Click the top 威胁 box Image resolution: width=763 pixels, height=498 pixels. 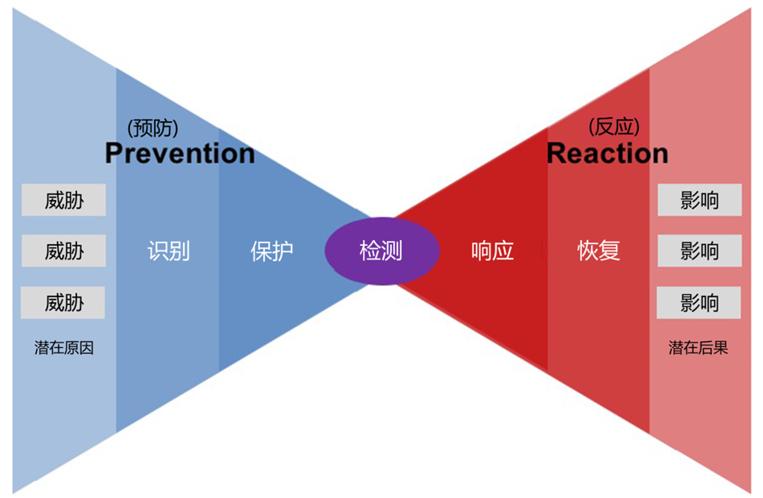coord(64,200)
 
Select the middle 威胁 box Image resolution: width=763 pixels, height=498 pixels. coord(64,251)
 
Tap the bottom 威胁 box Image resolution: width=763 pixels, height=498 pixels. coord(63,302)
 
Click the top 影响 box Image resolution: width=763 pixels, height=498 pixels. coord(700,200)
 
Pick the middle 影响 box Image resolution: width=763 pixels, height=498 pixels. coord(700,251)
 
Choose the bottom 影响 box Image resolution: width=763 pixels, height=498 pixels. coord(699,302)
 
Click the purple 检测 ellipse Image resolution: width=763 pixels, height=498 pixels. coord(382,251)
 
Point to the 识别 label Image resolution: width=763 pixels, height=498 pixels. coord(169,251)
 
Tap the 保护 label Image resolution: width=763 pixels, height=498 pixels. coord(272,251)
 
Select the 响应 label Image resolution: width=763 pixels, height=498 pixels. coord(492,251)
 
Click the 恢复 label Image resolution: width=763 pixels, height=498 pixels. coord(599,251)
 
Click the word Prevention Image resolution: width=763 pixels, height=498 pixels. coord(180,153)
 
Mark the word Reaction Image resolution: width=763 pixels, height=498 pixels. coord(607,153)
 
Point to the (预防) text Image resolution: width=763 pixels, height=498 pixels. coord(153,128)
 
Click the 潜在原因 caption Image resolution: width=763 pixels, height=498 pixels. coord(64,348)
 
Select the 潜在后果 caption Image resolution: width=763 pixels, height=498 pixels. coord(698,348)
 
